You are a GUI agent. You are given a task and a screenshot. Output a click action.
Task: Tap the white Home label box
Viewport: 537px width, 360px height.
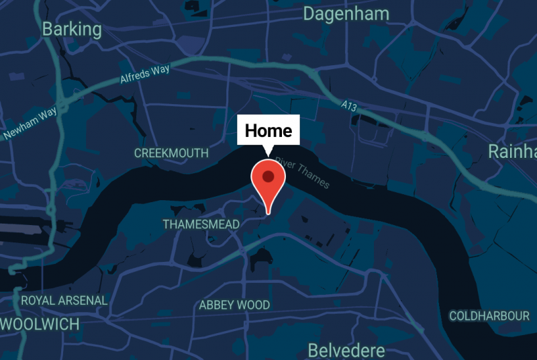(268, 130)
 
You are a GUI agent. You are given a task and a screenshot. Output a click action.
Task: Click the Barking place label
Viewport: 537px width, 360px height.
(72, 30)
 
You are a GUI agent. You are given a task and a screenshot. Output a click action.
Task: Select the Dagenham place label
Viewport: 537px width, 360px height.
(346, 13)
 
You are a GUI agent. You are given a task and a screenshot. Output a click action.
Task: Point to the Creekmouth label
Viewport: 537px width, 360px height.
(171, 153)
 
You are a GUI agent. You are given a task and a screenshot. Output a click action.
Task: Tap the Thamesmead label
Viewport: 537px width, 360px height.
(201, 224)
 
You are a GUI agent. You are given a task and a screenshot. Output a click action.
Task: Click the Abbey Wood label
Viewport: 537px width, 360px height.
(234, 305)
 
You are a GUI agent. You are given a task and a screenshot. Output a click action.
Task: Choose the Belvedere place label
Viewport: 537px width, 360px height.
(346, 350)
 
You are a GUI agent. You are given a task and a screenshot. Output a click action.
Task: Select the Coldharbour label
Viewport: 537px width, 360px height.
(489, 316)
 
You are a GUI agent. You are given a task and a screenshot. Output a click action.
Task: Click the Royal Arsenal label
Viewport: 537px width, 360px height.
(64, 300)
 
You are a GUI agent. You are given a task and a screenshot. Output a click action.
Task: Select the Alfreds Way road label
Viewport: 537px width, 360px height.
(145, 75)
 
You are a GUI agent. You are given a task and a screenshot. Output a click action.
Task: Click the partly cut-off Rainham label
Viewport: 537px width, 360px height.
(512, 150)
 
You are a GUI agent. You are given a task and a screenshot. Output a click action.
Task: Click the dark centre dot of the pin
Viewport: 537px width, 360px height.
(268, 177)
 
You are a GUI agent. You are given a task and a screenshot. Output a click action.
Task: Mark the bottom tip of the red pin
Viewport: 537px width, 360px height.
(268, 214)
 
